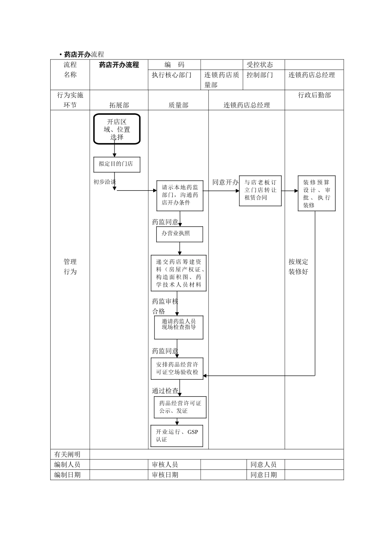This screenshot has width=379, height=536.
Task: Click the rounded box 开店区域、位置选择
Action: pyautogui.click(x=117, y=129)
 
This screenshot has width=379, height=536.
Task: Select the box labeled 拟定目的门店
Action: pyautogui.click(x=117, y=164)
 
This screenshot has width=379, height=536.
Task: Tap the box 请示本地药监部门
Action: pyautogui.click(x=180, y=195)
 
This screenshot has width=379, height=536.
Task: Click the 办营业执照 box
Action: pyautogui.click(x=180, y=234)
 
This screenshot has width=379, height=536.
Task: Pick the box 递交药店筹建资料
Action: pyautogui.click(x=179, y=273)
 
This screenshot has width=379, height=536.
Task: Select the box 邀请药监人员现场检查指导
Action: pyautogui.click(x=179, y=327)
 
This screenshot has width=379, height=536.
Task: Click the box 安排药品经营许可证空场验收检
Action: pyautogui.click(x=177, y=368)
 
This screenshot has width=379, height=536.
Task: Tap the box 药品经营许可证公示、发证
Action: pyautogui.click(x=180, y=407)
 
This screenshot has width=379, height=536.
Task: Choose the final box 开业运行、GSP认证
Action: pyautogui.click(x=177, y=436)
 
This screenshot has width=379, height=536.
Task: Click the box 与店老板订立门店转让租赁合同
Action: pyautogui.click(x=260, y=191)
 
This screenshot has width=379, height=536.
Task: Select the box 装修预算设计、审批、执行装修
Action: pyautogui.click(x=316, y=193)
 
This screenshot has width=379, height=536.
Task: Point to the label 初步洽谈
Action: pyautogui.click(x=105, y=182)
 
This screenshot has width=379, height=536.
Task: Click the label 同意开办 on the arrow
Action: pyautogui.click(x=225, y=182)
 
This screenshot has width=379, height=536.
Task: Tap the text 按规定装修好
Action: pyautogui.click(x=298, y=267)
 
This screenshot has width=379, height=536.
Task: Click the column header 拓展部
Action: pyautogui.click(x=119, y=105)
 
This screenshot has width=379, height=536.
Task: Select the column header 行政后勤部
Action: pyautogui.click(x=314, y=95)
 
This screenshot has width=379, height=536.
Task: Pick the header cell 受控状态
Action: pyautogui.click(x=260, y=65)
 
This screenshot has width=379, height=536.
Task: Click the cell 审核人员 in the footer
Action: pyautogui.click(x=165, y=465)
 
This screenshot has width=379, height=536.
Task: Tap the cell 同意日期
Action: pyautogui.click(x=263, y=475)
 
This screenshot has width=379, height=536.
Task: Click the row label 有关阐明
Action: pyautogui.click(x=67, y=454)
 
